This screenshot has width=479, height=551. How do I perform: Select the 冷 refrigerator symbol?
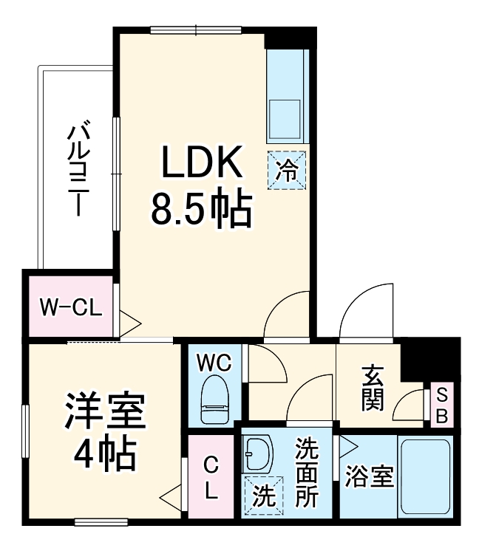point(286,171)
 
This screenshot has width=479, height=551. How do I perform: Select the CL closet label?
point(211,479)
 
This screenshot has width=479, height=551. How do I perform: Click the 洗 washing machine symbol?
point(262,493)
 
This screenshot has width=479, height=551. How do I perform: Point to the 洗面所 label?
point(307,473)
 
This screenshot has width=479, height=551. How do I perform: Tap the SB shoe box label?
point(441,404)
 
